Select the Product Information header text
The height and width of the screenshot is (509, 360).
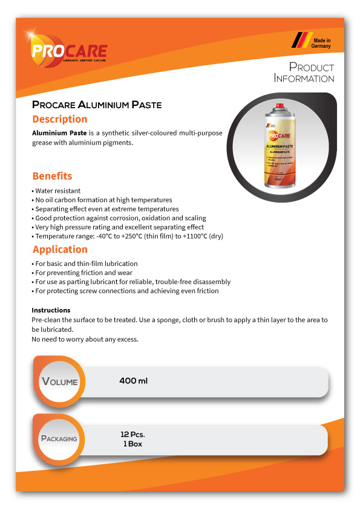pyautogui.click(x=304, y=72)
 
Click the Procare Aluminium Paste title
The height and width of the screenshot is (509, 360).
pyautogui.click(x=97, y=105)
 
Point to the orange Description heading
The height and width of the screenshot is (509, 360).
pyautogui.click(x=60, y=119)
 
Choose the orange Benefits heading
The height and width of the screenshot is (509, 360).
pyautogui.click(x=52, y=176)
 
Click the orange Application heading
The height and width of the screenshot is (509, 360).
pyautogui.click(x=60, y=249)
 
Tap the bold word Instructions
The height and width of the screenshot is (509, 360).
pyautogui.click(x=51, y=310)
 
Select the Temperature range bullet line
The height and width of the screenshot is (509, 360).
pyautogui.click(x=127, y=236)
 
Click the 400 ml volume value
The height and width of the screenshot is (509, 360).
pyautogui.click(x=134, y=381)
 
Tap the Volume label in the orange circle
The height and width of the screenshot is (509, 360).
pyautogui.click(x=59, y=381)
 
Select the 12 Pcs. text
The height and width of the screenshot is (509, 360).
pyautogui.click(x=133, y=435)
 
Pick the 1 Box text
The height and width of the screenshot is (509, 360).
pyautogui.click(x=133, y=444)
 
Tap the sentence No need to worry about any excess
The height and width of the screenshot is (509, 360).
pyautogui.click(x=85, y=339)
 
